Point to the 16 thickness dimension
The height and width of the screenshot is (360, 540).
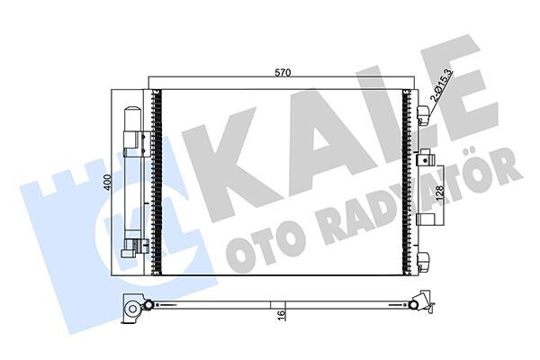(283, 316)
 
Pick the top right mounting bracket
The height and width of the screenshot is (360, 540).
(424, 113)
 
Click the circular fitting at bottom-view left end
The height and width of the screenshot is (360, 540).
(134, 310)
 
